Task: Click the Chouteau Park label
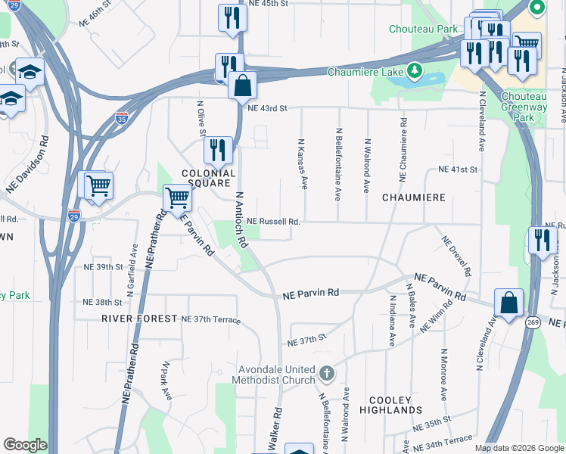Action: [x=424, y=29]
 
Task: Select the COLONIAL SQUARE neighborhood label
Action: [x=210, y=178]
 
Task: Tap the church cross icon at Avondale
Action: [x=327, y=373]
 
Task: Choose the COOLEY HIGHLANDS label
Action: [x=395, y=405]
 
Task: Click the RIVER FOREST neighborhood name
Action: [x=138, y=319]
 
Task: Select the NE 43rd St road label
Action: [x=268, y=108]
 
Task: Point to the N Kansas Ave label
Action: [x=303, y=163]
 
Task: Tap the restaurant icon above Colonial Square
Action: [x=218, y=149]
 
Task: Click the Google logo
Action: [x=25, y=445]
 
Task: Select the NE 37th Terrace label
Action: [x=210, y=319]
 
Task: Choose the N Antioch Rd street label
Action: [x=240, y=220]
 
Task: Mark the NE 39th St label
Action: [x=103, y=267]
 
